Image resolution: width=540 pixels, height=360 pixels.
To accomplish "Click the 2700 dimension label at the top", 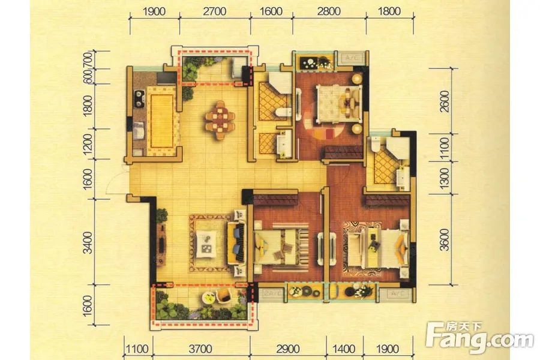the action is coord(214,11).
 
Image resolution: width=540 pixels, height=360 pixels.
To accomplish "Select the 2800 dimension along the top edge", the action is coord(329,11).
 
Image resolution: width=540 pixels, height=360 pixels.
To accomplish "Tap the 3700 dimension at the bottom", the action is coord(200,349).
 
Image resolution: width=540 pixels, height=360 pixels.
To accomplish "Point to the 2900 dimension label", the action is coord(288,349).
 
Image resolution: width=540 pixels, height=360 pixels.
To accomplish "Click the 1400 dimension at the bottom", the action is coord(344,349).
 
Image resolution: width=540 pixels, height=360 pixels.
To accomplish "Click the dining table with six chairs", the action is coord(220,120).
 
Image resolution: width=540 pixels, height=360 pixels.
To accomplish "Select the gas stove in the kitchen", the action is coord(139,98).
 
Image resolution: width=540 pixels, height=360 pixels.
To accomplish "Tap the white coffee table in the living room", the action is coord(206,244).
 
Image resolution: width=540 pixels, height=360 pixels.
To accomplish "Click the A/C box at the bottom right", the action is coord(397,293).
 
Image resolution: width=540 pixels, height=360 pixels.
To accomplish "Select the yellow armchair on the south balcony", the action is coord(224,296).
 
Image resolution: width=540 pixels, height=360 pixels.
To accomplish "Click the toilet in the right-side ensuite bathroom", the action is coord(374,144).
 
